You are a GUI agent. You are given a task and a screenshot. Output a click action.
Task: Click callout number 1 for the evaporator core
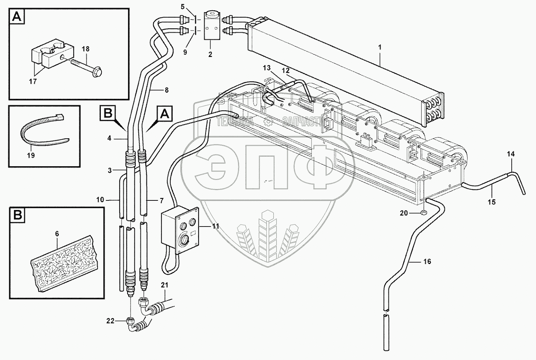(x=380, y=47)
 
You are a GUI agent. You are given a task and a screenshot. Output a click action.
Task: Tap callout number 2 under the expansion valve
(x=210, y=54)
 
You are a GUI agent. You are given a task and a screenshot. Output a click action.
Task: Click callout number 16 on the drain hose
(x=427, y=261)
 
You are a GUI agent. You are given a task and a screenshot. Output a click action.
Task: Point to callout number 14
(x=511, y=154)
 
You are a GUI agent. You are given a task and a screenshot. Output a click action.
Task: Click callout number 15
(x=492, y=202)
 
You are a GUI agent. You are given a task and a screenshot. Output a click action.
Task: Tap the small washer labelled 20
(x=424, y=212)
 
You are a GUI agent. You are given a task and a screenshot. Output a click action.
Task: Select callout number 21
(x=164, y=284)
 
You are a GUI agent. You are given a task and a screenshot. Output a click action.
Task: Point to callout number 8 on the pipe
(x=167, y=89)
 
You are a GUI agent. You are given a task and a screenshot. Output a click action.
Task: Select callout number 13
(x=267, y=68)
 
